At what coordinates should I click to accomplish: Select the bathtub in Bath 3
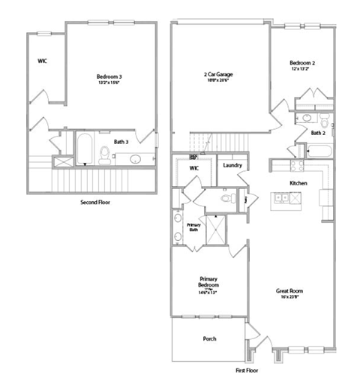[85, 149]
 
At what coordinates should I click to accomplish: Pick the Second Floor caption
[95, 203]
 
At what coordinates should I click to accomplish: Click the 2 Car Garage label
[217, 74]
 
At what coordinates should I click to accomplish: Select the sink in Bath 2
[306, 118]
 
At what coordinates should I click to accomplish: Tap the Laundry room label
[232, 164]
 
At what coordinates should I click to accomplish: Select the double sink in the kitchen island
[283, 198]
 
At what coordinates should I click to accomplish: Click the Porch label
[210, 338]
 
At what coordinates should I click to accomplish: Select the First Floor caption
[248, 371]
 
